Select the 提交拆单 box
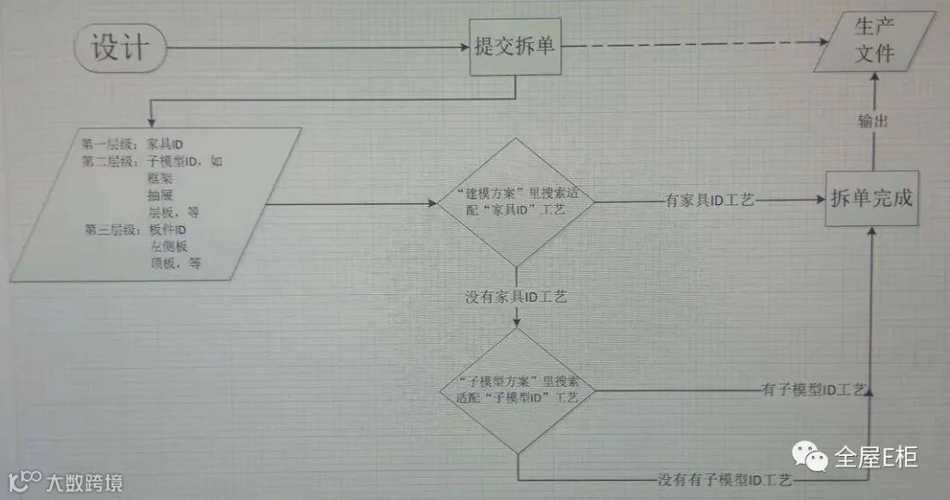[515, 46]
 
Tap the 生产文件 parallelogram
[874, 42]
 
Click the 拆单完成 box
[872, 199]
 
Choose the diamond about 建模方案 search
[516, 202]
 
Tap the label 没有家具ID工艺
[515, 298]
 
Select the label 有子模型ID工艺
[815, 390]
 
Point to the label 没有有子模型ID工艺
[725, 480]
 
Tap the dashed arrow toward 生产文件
[695, 46]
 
